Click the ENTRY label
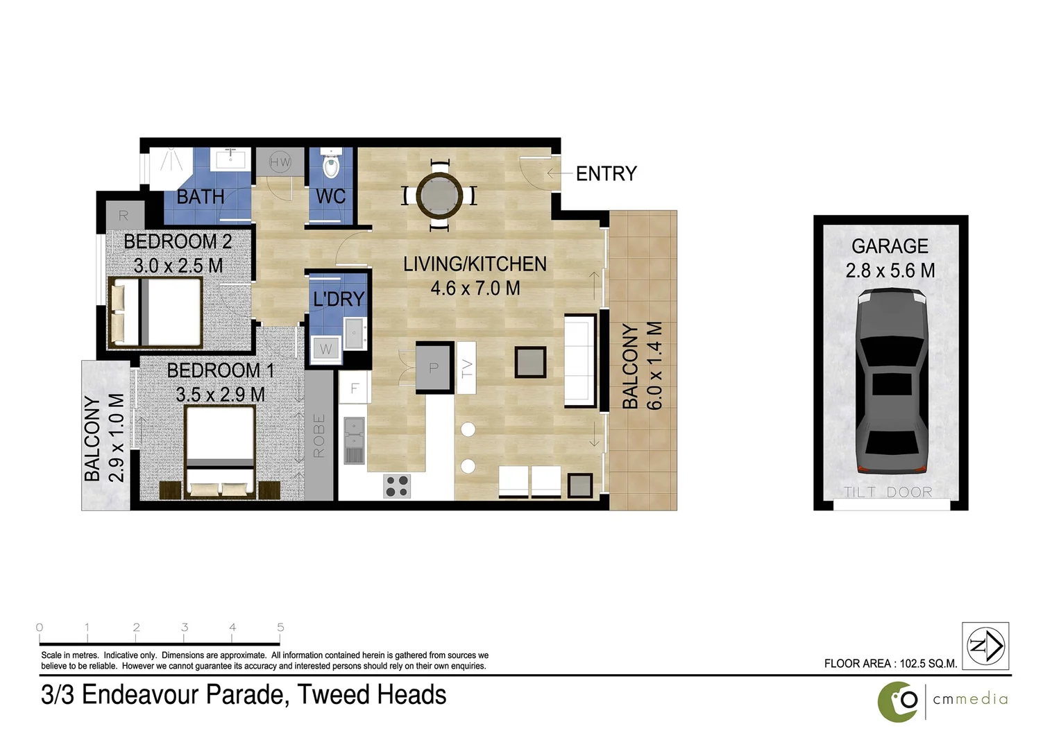click(606, 173)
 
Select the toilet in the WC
click(331, 165)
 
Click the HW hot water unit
click(280, 162)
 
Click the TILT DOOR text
click(888, 492)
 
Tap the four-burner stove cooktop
click(397, 485)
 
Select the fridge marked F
click(354, 388)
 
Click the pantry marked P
click(434, 368)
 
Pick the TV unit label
click(467, 368)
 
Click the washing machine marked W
click(325, 349)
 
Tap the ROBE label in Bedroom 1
click(319, 436)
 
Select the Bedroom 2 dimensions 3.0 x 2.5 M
click(178, 266)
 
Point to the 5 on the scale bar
click(280, 628)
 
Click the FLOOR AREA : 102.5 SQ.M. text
click(890, 664)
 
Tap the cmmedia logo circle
click(898, 701)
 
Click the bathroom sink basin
click(228, 160)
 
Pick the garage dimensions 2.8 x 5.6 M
click(890, 270)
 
